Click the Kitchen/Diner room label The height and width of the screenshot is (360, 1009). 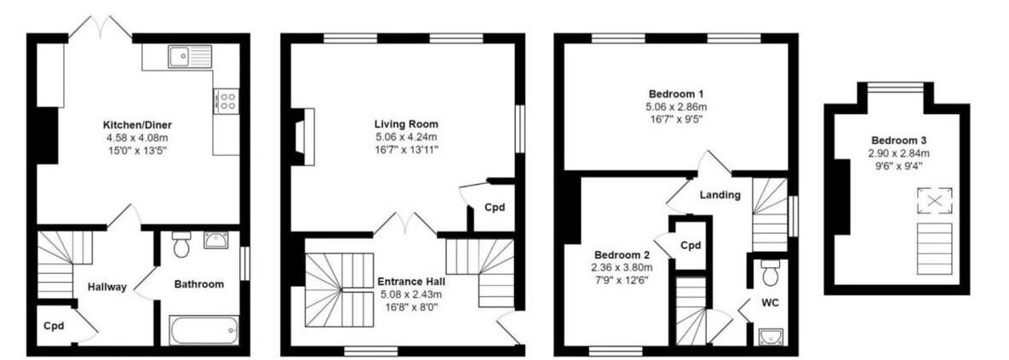[x=138, y=125]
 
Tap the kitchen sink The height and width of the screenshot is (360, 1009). [x=189, y=56]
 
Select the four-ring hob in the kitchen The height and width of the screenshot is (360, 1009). [x=226, y=100]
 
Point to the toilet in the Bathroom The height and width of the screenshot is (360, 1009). [x=181, y=243]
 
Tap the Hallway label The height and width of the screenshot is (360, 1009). [x=107, y=288]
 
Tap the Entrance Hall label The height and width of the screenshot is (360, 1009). [x=410, y=282]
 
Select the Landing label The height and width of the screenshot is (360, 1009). [x=720, y=195]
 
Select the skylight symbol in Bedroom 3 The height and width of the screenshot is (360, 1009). [x=934, y=198]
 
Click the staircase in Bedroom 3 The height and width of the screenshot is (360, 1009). [x=934, y=249]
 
